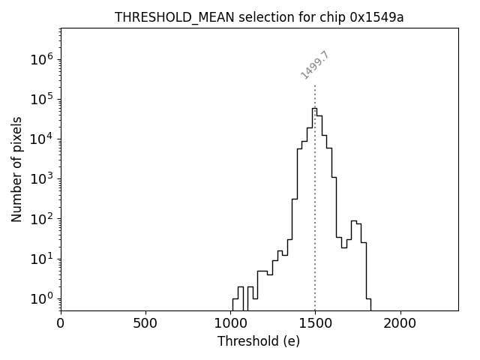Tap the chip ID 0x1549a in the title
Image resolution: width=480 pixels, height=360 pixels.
(376, 17)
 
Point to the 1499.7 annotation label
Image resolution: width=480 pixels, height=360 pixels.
(315, 65)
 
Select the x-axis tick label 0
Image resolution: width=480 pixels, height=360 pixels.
(61, 323)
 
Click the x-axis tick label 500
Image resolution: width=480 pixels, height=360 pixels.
(145, 323)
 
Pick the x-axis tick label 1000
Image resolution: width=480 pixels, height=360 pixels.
(230, 323)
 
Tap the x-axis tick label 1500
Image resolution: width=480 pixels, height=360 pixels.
(315, 323)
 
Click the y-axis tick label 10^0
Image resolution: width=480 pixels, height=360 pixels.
(42, 298)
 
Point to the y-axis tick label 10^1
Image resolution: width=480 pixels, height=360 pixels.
(42, 259)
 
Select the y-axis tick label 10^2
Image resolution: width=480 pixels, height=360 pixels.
(42, 219)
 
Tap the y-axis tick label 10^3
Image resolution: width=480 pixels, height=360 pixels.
(42, 179)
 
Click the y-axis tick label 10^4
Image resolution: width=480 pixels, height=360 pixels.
(42, 139)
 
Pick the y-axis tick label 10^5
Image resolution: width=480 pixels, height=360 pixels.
(42, 100)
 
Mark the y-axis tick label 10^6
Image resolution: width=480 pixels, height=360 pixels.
(42, 60)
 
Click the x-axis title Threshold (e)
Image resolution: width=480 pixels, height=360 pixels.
(259, 341)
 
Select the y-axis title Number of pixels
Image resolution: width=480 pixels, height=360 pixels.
(16, 169)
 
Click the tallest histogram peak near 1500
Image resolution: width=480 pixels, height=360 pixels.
(314, 109)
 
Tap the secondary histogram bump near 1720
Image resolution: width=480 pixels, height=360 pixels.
(353, 221)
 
